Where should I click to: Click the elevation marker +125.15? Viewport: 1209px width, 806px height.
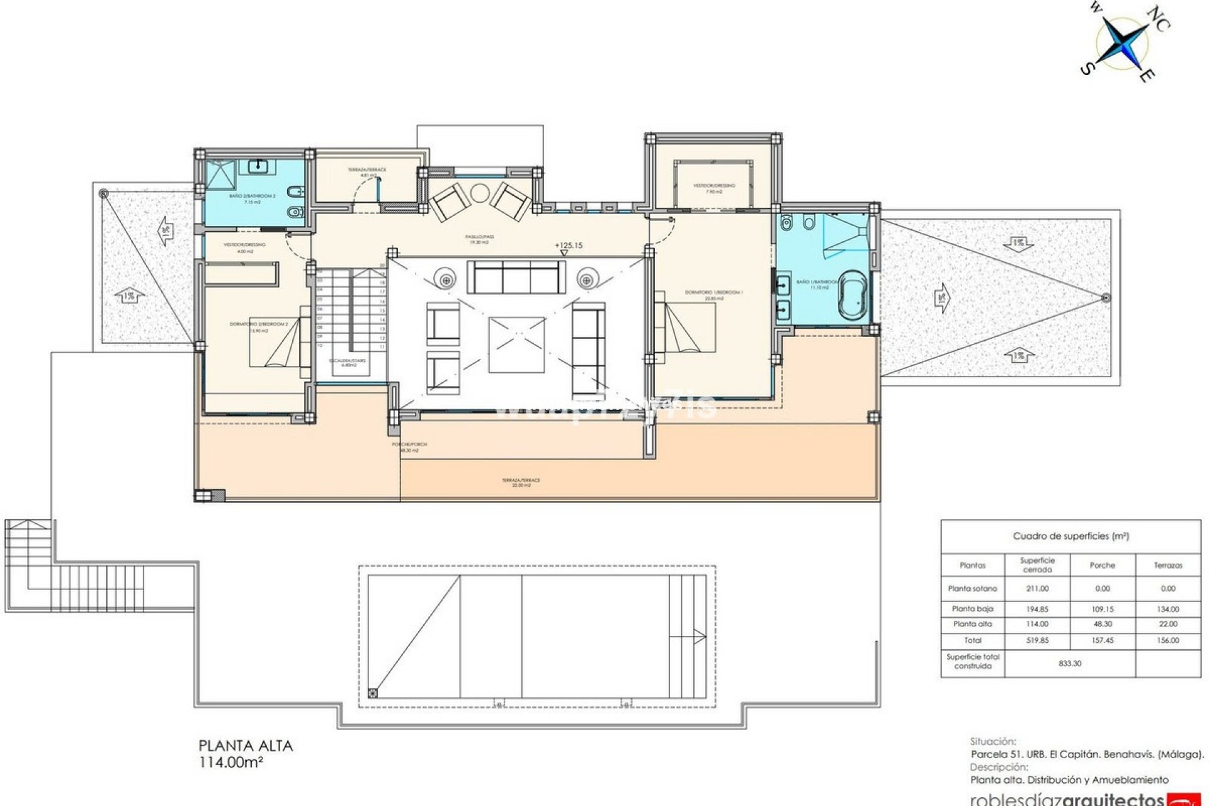pos(568,246)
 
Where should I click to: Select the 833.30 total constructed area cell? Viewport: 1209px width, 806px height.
pos(1070,663)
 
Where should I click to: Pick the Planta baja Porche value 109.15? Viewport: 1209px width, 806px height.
pos(1103,609)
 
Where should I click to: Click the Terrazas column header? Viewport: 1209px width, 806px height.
pos(1168,565)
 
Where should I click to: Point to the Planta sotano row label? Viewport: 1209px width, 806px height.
pos(972,588)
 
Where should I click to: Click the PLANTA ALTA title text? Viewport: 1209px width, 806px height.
pos(246,746)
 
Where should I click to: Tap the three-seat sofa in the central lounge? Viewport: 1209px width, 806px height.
pos(516,277)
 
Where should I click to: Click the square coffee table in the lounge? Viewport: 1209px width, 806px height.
pos(516,344)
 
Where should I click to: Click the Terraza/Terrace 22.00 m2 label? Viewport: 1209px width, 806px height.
pos(521,482)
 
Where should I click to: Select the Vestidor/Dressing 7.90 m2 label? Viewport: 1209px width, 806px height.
pos(713,188)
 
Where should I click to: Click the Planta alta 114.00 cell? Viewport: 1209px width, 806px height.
pos(1037,624)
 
